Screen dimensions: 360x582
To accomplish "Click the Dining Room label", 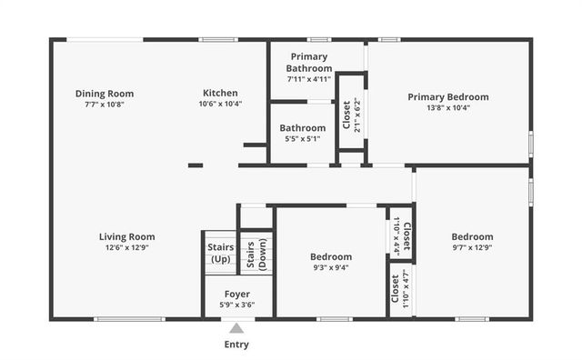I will (x=105, y=93).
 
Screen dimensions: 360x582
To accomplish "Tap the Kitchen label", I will (x=220, y=93).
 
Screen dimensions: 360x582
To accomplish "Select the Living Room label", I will (x=126, y=237).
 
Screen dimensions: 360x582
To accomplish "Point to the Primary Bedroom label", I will (x=447, y=97).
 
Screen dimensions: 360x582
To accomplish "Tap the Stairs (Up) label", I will (x=220, y=253).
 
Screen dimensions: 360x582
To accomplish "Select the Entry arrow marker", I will (x=236, y=328).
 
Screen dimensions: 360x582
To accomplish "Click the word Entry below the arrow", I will (x=236, y=345).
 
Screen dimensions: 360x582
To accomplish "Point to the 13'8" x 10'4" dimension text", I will (x=447, y=108).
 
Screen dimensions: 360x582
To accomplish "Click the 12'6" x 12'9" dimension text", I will (x=126, y=248).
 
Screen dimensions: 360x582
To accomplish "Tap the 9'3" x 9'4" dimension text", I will (x=331, y=268).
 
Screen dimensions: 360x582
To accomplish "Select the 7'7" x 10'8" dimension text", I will (x=105, y=104).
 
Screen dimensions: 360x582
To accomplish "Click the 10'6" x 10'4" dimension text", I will (x=220, y=104).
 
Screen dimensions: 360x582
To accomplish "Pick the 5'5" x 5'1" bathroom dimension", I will (x=303, y=139).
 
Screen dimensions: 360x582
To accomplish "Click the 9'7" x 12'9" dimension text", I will (x=472, y=248).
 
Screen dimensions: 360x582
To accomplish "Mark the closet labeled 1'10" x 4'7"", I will (x=400, y=290).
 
